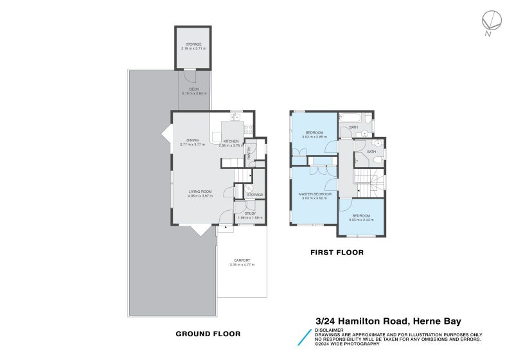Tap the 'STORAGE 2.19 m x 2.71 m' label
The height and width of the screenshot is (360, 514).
193,46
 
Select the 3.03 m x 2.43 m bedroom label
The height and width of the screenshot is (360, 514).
360,217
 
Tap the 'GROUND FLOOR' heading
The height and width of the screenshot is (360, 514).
208,334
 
